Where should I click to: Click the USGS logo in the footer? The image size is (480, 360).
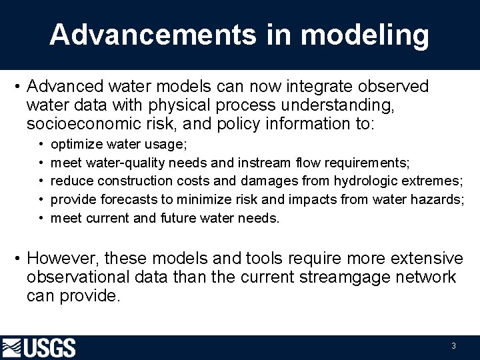click(x=39, y=348)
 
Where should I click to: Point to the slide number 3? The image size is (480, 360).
click(x=453, y=346)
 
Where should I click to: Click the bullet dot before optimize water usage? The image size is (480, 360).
click(x=41, y=145)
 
